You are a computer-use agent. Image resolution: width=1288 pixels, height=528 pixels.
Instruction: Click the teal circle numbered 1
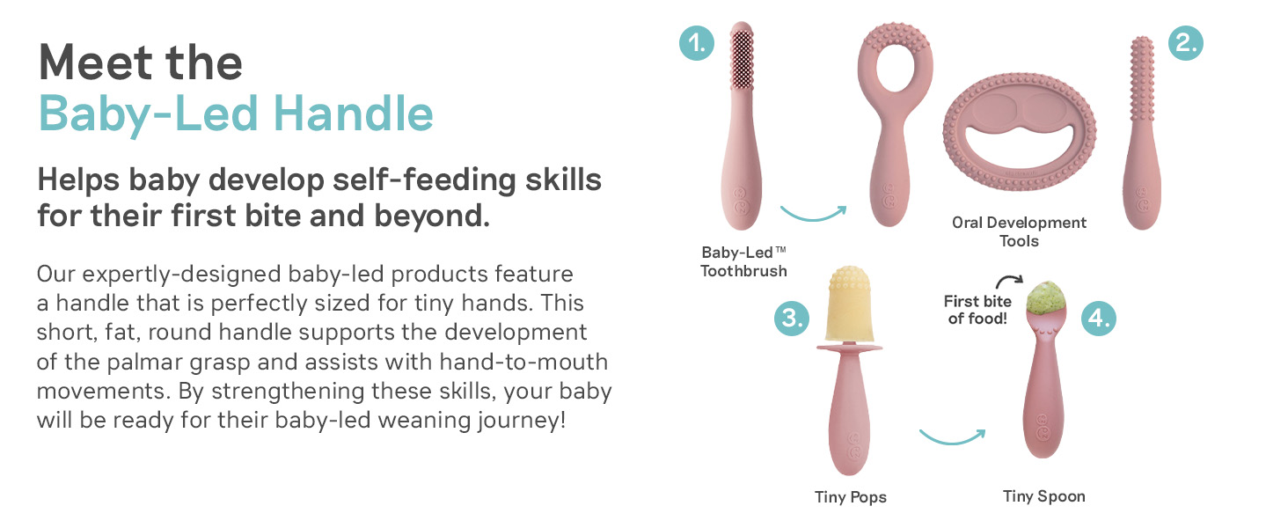696,43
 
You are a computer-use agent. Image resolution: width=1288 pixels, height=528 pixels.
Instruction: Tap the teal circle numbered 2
1186,43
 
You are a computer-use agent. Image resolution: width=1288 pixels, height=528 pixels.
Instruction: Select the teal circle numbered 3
791,318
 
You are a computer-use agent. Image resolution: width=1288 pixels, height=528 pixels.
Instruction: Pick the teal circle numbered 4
1098,318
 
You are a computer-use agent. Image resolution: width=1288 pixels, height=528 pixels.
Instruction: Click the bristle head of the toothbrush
743,57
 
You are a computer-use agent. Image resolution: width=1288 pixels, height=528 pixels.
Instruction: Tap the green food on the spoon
1047,298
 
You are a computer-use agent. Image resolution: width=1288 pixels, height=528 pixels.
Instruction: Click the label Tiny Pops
851,497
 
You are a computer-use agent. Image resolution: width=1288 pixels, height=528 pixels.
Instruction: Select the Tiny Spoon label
1044,496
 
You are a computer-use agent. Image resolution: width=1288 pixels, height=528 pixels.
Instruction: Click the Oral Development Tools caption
1019,231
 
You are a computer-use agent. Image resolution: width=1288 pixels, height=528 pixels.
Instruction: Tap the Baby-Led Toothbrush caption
743,261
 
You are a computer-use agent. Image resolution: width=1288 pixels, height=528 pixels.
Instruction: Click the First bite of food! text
977,310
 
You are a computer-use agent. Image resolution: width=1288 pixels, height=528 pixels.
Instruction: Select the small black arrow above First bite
1009,279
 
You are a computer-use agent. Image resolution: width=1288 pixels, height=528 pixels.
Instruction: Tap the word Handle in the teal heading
353,114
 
